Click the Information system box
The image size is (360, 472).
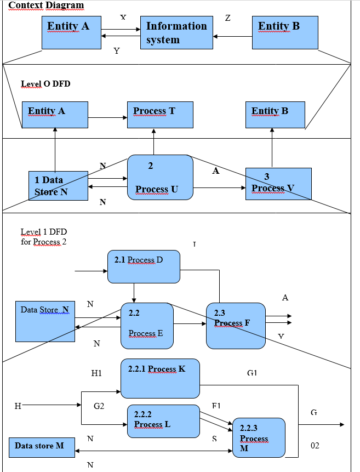(x=177, y=33)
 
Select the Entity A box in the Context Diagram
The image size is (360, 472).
(x=72, y=33)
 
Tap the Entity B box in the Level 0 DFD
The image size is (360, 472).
(x=275, y=115)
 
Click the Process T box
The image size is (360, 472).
(x=160, y=115)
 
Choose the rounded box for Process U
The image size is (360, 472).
(x=160, y=177)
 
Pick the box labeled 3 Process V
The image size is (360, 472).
(x=278, y=184)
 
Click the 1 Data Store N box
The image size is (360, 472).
(x=58, y=185)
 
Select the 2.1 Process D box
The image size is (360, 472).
(x=144, y=266)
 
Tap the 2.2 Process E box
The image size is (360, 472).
(x=147, y=326)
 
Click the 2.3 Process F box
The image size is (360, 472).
(x=236, y=326)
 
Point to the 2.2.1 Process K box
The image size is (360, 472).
(x=160, y=378)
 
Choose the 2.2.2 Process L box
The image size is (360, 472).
(x=163, y=421)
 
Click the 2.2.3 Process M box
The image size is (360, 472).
(x=259, y=437)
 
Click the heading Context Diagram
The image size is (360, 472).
(x=46, y=5)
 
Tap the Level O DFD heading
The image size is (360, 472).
(x=45, y=84)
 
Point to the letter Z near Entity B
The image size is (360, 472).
(x=227, y=18)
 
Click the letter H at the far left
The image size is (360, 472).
(x=18, y=406)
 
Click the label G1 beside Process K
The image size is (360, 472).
(x=252, y=373)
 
